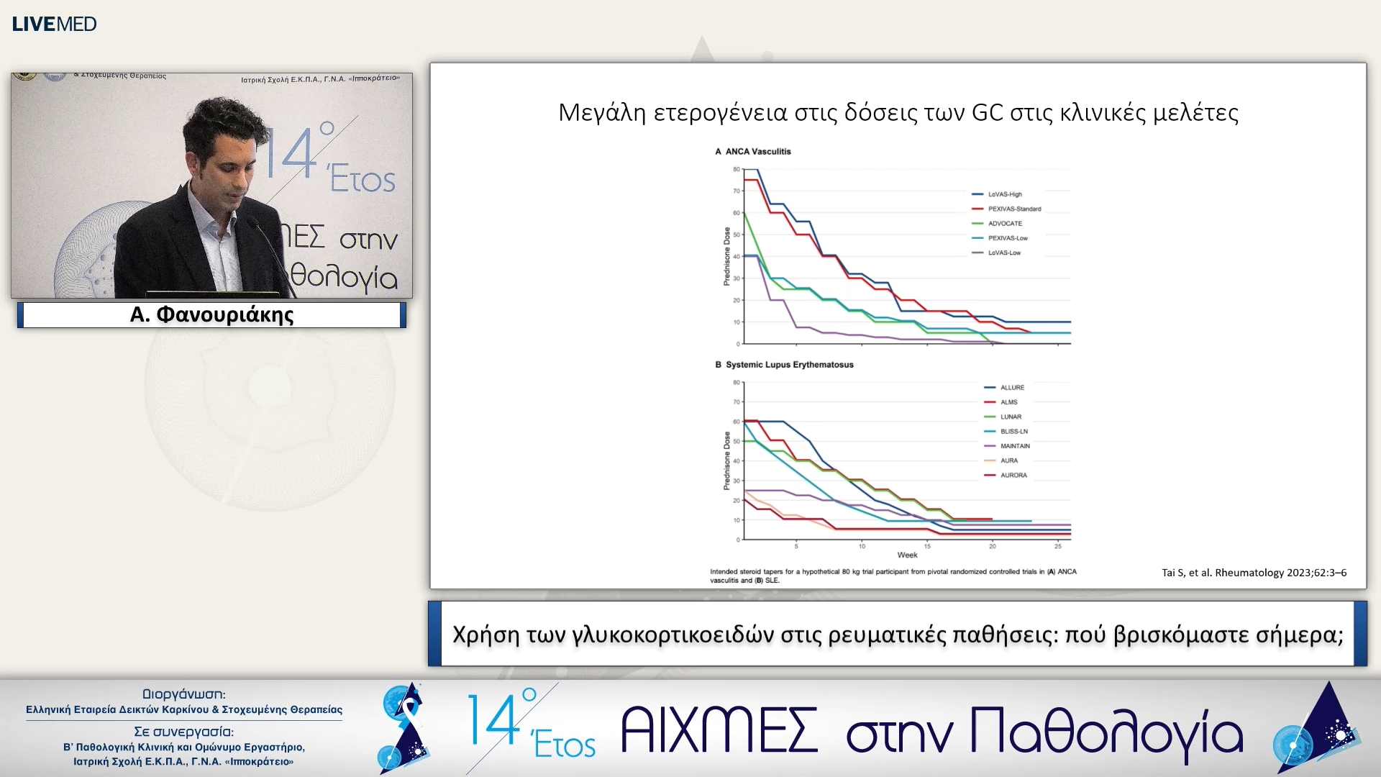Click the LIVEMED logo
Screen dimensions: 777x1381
click(54, 24)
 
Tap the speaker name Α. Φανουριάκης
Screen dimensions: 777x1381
click(211, 314)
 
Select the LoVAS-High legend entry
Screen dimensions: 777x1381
click(1004, 194)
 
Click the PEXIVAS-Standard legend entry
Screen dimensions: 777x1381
click(1013, 209)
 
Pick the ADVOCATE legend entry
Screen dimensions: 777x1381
click(1004, 224)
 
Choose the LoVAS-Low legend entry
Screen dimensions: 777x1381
click(1003, 253)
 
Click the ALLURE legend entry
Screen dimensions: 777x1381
click(1011, 388)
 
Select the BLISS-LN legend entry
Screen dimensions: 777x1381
click(1013, 432)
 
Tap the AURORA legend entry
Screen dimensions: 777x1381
click(1013, 476)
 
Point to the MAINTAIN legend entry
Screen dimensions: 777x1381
click(1014, 446)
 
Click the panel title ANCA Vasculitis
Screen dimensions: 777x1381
click(757, 152)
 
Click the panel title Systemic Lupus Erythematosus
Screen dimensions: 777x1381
click(789, 365)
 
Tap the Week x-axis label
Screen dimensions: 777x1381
click(907, 555)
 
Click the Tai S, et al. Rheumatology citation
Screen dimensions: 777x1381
click(1254, 573)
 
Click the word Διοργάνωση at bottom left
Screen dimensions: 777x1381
click(183, 694)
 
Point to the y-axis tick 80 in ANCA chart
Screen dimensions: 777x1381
click(736, 169)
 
